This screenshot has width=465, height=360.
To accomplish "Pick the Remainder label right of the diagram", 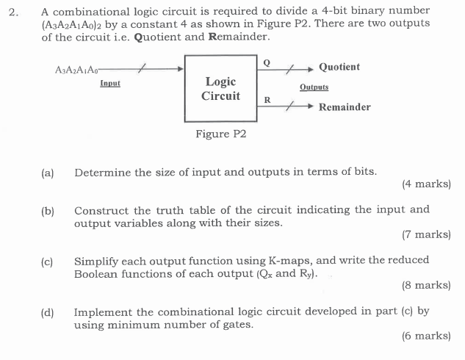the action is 345,107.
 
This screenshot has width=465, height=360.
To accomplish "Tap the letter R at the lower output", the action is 267,99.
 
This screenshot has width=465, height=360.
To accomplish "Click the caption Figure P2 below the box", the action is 220,134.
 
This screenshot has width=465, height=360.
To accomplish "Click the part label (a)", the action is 48,173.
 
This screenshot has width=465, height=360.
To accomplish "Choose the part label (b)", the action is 48,211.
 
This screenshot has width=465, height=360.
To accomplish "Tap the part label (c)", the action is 48,261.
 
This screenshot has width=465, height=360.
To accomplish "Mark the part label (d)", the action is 48,312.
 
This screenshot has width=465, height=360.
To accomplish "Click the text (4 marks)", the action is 426,184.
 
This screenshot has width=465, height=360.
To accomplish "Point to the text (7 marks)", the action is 426,234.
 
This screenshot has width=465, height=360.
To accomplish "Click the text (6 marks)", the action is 426,336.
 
